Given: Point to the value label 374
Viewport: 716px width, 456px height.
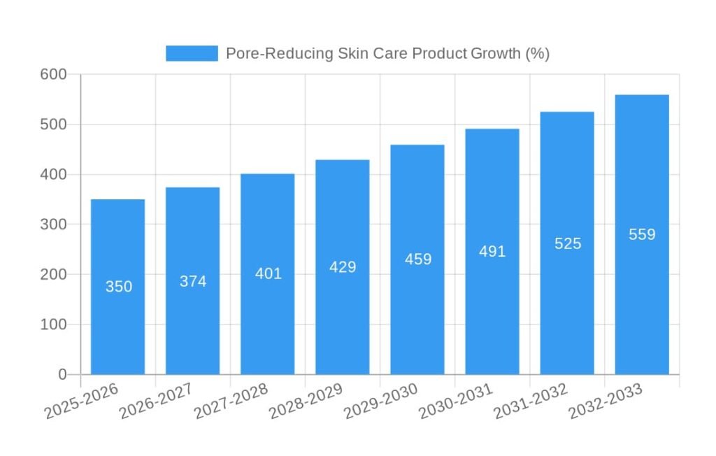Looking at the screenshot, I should click(193, 281).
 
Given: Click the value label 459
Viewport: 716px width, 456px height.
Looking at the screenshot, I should click(418, 259).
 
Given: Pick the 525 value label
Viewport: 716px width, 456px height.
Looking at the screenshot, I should click(568, 243).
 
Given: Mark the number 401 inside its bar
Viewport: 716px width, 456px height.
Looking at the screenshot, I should click(268, 273).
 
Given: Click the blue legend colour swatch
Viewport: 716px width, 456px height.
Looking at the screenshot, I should click(192, 54).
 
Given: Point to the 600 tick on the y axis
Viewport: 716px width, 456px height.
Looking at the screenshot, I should click(54, 74).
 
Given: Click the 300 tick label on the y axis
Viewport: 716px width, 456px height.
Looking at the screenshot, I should click(54, 225).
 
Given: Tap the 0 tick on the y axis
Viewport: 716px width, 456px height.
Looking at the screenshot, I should click(62, 375).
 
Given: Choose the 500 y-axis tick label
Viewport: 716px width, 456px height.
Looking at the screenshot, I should click(54, 124).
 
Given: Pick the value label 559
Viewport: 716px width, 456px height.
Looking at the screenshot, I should click(642, 234).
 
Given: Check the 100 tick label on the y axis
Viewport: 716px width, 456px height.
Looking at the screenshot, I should click(54, 325).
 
